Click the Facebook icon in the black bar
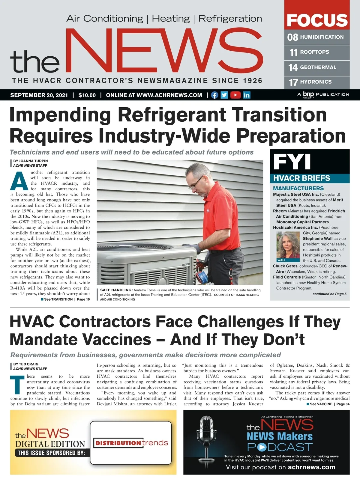tap(214, 95)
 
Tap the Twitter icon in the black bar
tap(224, 95)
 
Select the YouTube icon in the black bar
tap(235, 95)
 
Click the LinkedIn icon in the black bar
tap(247, 95)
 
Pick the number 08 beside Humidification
tap(292, 37)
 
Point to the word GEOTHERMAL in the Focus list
tap(318, 67)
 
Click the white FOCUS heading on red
tap(317, 20)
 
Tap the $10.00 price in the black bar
tap(87, 95)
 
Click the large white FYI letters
tap(292, 162)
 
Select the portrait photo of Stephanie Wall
tap(288, 245)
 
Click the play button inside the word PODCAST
tap(262, 447)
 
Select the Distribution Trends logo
tap(131, 443)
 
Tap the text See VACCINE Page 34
tap(328, 404)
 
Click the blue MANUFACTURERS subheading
tap(298, 188)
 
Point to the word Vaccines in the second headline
tap(116, 340)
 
